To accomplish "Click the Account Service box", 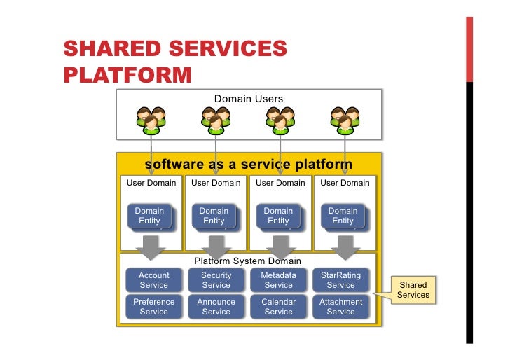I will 153,280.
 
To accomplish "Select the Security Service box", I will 216,280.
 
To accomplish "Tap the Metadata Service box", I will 278,280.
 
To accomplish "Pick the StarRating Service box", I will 340,280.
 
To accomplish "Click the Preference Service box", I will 153,307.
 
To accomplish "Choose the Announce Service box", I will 216,307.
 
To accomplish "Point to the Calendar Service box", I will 278,307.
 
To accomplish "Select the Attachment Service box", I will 340,307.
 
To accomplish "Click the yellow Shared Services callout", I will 413,290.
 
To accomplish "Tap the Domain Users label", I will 249,99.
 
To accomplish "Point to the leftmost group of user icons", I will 151,120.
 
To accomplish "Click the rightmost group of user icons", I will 345,120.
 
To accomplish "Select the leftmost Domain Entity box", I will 149,216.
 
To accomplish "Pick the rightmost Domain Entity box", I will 343,216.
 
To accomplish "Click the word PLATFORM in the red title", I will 127,74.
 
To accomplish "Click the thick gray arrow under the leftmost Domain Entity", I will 149,247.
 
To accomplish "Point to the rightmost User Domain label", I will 345,183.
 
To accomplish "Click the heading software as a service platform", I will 248,165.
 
